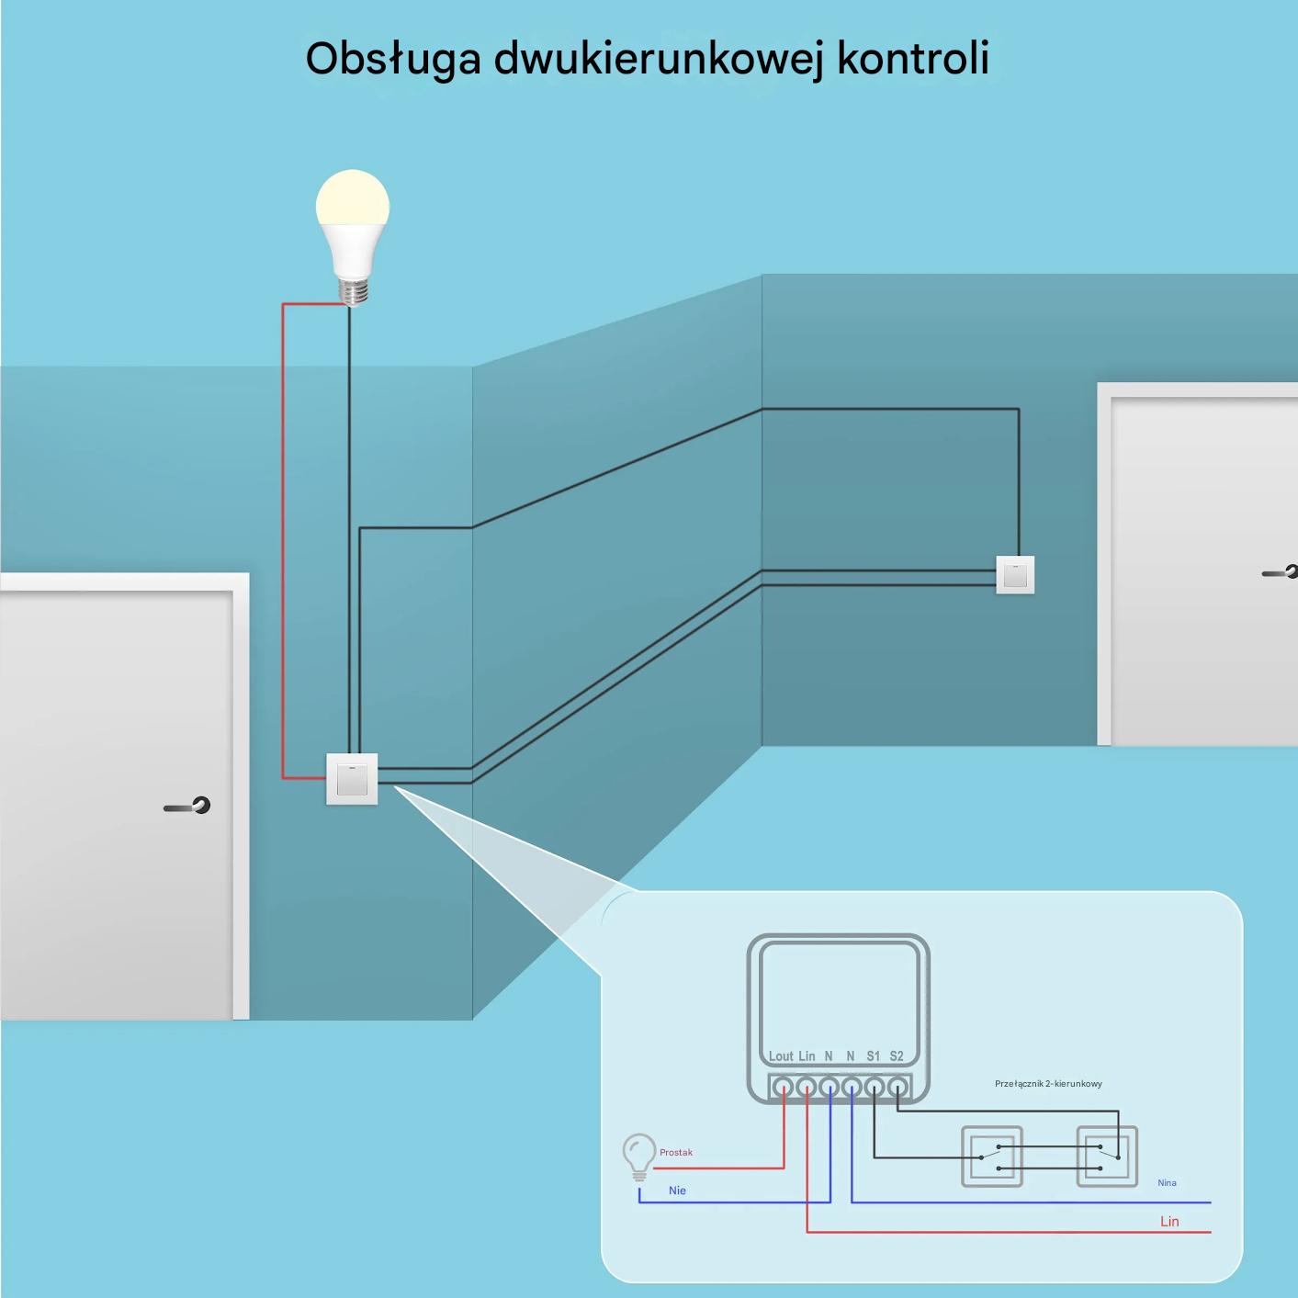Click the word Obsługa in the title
pyautogui.click(x=393, y=60)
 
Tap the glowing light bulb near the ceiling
pyautogui.click(x=352, y=237)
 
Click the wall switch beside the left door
pyautogui.click(x=352, y=779)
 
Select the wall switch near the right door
pyautogui.click(x=1015, y=574)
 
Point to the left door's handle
pyautogui.click(x=187, y=806)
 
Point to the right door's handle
pyautogui.click(x=1280, y=572)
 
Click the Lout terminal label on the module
pyautogui.click(x=781, y=1055)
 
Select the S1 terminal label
pyautogui.click(x=873, y=1055)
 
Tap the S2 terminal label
pyautogui.click(x=896, y=1055)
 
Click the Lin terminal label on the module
pyautogui.click(x=807, y=1055)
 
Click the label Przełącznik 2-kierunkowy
pyautogui.click(x=1048, y=1084)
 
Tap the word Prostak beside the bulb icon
pyautogui.click(x=675, y=1153)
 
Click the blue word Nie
pyautogui.click(x=677, y=1191)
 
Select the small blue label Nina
pyautogui.click(x=1167, y=1183)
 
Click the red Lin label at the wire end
pyautogui.click(x=1169, y=1221)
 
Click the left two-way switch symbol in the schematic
pyautogui.click(x=991, y=1157)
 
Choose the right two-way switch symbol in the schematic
pyautogui.click(x=1107, y=1157)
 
